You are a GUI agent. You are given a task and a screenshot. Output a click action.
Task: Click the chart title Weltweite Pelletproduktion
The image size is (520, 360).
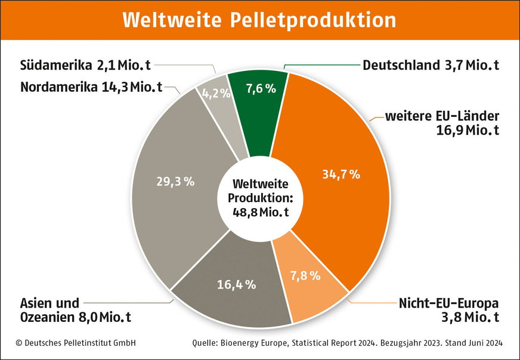click(x=259, y=20)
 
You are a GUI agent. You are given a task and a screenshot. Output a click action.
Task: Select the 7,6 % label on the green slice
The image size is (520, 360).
click(x=261, y=89)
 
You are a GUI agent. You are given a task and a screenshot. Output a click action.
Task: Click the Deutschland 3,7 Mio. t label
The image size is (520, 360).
click(x=431, y=64)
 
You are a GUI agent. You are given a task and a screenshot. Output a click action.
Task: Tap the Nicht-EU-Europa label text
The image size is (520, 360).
click(x=448, y=302)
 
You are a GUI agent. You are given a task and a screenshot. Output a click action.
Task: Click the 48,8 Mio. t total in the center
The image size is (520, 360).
click(x=259, y=211)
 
